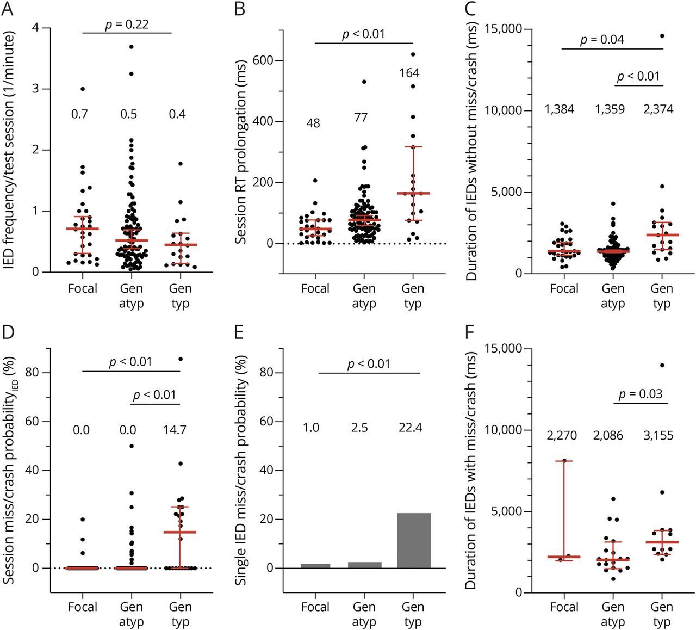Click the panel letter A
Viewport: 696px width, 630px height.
9,9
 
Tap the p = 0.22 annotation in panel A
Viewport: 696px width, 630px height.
127,24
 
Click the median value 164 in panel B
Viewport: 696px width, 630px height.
409,73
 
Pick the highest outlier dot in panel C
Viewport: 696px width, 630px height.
662,36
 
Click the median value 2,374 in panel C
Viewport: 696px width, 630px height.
658,109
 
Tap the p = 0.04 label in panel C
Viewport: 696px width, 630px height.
601,40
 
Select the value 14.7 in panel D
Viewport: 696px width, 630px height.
174,430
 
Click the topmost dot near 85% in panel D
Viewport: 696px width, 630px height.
181,359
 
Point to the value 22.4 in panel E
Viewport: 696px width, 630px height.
410,428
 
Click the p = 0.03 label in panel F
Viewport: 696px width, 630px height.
640,394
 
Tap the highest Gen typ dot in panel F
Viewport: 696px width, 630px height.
662,366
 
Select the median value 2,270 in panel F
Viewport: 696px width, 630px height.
562,436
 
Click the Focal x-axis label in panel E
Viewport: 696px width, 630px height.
315,607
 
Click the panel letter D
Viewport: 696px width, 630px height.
9,332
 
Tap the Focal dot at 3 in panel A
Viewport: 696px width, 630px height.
82,89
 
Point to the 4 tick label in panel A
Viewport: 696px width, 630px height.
36,28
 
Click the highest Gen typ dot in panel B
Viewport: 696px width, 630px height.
413,54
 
